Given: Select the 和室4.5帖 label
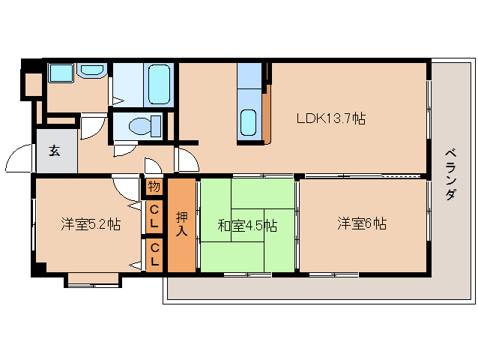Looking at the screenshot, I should click(246, 224).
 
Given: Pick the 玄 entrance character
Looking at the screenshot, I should click(55, 149).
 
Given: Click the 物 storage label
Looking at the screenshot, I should click(154, 186).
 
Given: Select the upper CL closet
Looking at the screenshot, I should click(154, 217).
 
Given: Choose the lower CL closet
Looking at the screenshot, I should click(154, 255).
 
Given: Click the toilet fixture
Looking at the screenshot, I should click(143, 124).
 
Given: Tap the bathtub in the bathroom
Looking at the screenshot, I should click(160, 84).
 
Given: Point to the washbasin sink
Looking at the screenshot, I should click(92, 71).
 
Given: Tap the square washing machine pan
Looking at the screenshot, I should click(60, 73).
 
